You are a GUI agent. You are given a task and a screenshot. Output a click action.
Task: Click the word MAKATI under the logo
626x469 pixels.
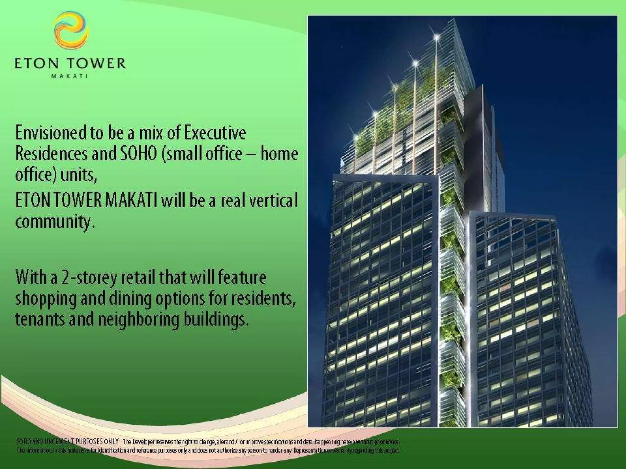click(70, 76)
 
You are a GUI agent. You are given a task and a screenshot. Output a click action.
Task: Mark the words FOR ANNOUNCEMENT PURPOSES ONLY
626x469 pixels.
click(68, 442)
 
